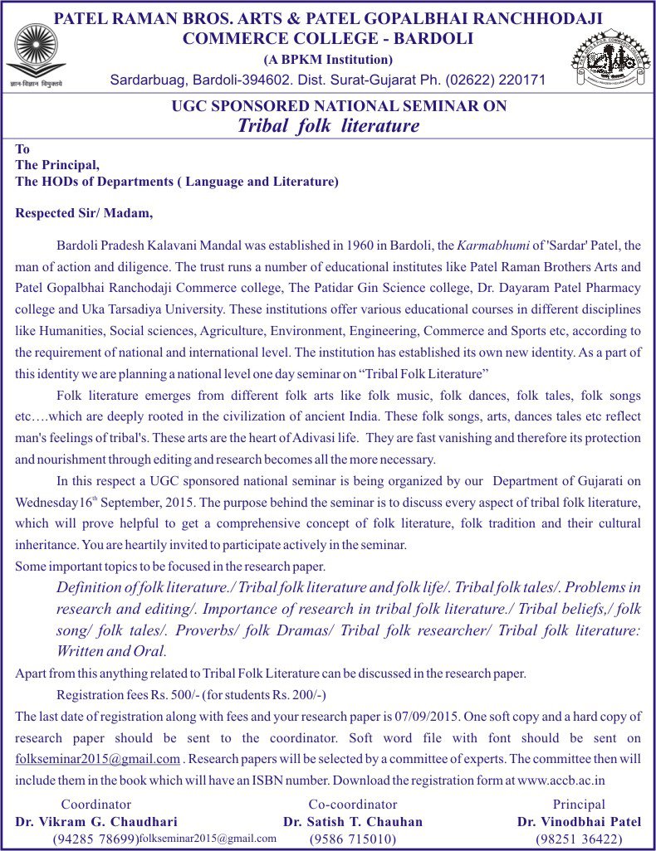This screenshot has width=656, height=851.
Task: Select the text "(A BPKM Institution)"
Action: [328, 59]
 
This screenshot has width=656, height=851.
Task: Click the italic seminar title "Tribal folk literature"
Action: [328, 126]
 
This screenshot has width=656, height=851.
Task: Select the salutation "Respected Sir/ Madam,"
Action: [85, 213]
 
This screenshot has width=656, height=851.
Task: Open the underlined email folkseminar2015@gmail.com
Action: [98, 759]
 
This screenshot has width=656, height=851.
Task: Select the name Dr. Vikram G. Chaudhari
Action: [96, 822]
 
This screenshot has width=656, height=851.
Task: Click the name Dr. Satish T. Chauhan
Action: [353, 822]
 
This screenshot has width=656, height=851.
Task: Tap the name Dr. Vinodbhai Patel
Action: [579, 822]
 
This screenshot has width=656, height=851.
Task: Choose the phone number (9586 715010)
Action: [353, 839]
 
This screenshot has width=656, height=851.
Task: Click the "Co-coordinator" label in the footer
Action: [353, 805]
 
